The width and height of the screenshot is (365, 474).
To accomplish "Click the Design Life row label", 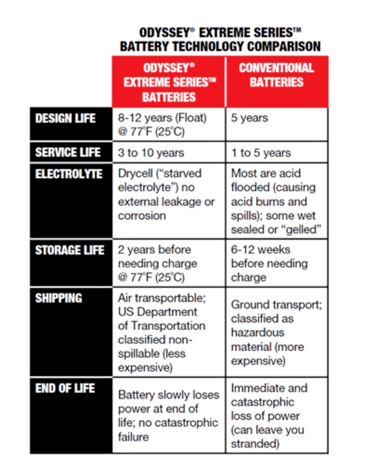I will point(65,118).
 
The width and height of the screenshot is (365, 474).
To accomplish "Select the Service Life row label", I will point(67,153).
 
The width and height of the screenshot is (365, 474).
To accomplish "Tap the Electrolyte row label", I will point(68,174).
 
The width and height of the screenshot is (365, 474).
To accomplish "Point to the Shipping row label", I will point(58,298).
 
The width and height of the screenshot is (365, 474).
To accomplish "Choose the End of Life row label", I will point(64,389).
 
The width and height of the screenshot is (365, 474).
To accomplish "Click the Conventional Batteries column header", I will point(276,75).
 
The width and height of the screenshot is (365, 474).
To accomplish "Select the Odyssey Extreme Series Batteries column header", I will point(169,82).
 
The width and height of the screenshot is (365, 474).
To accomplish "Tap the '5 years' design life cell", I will point(249,118).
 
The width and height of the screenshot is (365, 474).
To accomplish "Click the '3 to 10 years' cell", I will point(151,153).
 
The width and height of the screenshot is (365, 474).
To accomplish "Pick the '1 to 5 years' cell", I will point(261,153).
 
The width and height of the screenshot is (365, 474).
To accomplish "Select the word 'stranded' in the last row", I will point(253,444).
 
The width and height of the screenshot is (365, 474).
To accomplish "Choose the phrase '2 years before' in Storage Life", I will point(154,249).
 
